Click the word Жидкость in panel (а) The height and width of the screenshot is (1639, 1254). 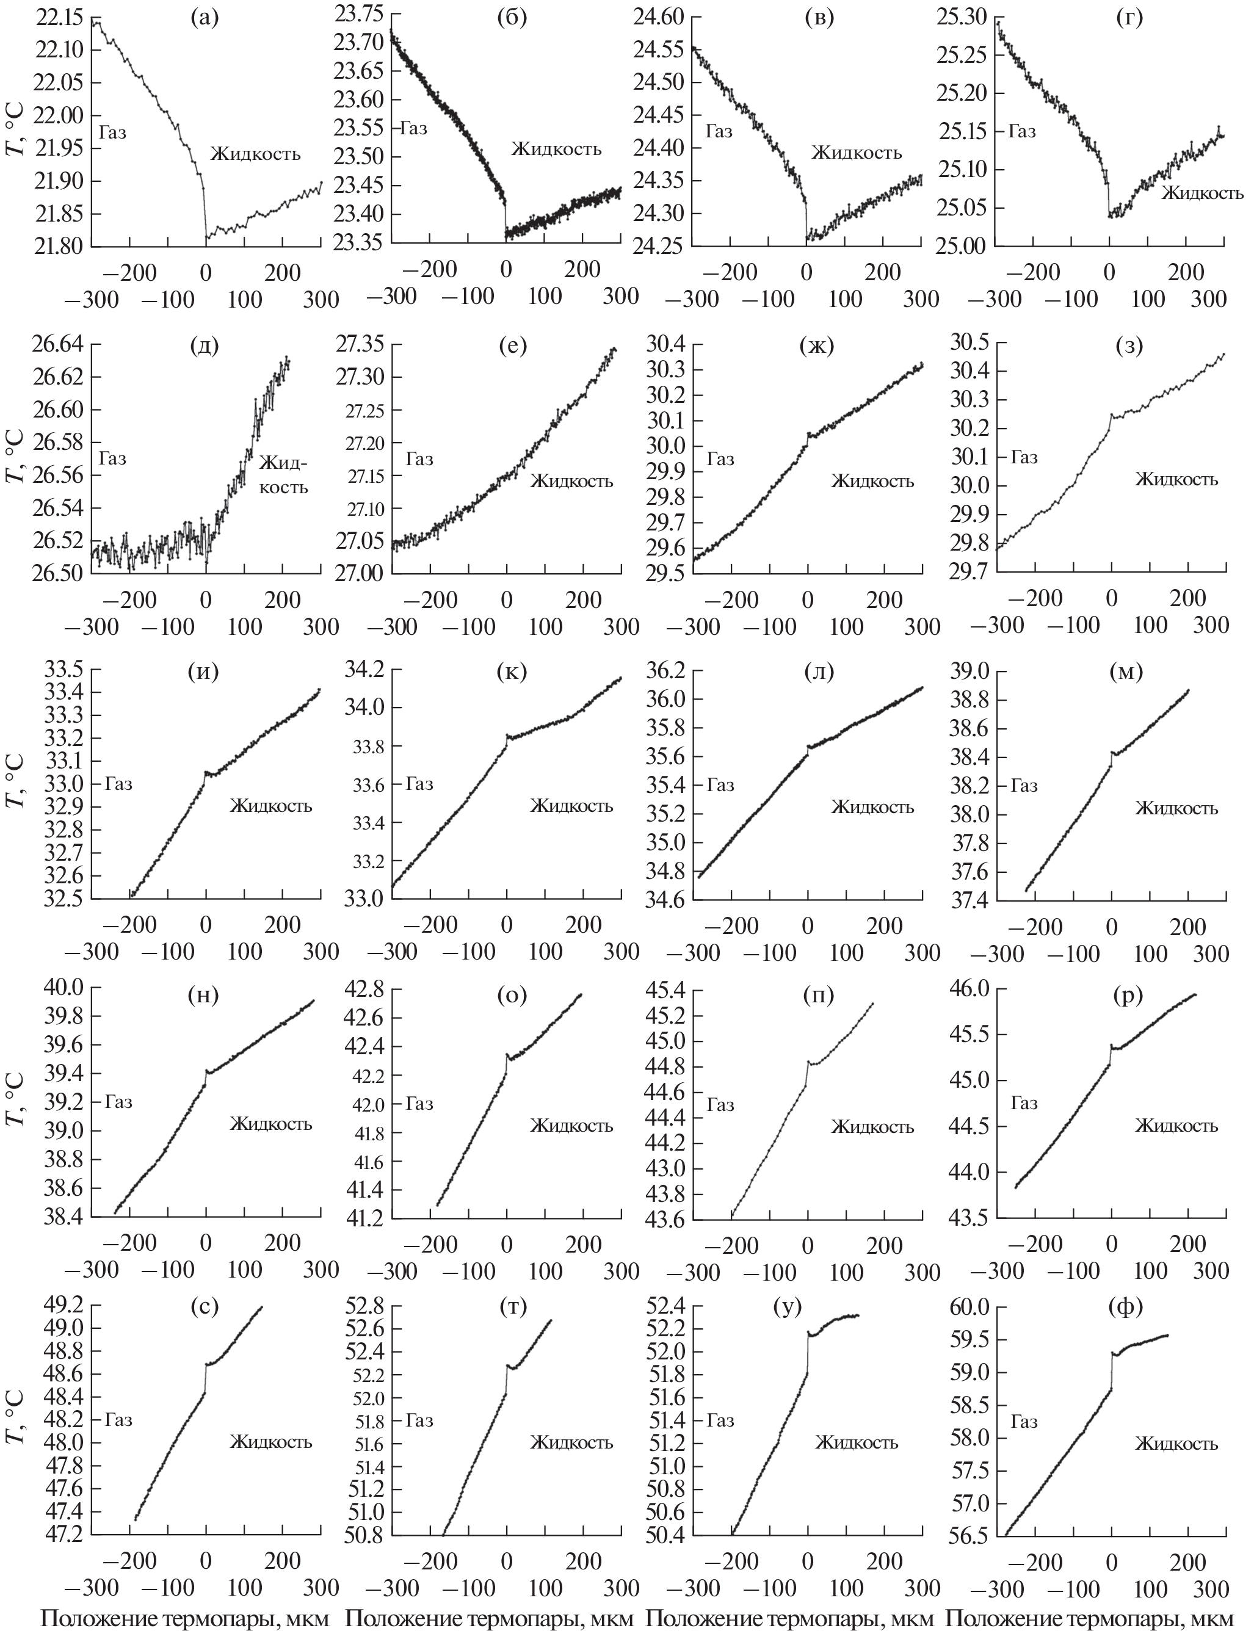pyautogui.click(x=255, y=154)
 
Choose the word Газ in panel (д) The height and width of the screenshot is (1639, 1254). pyautogui.click(x=112, y=458)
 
